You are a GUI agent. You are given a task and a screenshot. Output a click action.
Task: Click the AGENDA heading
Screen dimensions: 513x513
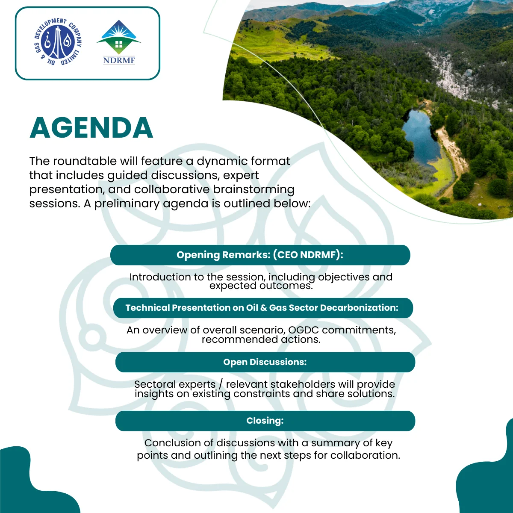(x=91, y=128)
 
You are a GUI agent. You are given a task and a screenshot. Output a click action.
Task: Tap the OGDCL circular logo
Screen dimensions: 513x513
(x=58, y=42)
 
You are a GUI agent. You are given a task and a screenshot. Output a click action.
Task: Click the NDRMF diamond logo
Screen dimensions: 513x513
(x=119, y=37)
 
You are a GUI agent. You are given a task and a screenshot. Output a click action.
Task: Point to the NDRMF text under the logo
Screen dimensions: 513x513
(x=119, y=60)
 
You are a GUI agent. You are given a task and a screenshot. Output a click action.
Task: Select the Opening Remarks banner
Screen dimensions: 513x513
(x=260, y=255)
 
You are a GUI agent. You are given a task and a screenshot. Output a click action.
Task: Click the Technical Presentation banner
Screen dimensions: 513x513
(x=263, y=308)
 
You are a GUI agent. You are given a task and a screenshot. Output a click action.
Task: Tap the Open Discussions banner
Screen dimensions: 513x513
(x=265, y=362)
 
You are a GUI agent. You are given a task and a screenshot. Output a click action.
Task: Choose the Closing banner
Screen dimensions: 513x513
(x=265, y=421)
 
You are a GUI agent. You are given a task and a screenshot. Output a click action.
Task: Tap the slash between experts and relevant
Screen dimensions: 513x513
(x=221, y=385)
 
